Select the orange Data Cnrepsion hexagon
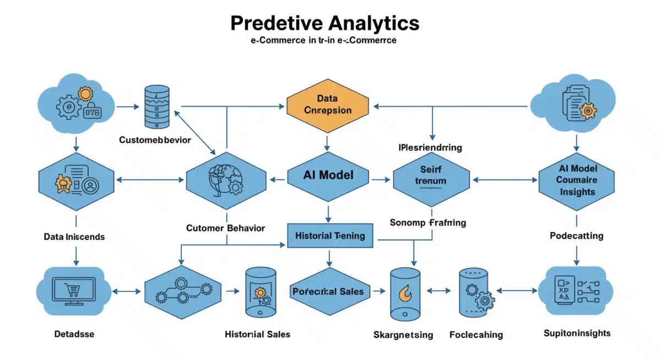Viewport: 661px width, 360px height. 327,104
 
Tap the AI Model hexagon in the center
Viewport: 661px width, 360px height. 328,176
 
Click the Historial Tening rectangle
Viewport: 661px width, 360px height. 330,236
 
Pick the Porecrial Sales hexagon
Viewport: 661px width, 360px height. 328,291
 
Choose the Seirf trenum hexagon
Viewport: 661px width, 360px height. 431,176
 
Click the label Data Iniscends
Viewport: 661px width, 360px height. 74,237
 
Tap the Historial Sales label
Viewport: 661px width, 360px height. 257,334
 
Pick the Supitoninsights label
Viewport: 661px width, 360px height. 577,333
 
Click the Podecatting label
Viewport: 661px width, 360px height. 576,236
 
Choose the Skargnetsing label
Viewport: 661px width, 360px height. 403,335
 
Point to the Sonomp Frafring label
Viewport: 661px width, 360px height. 427,223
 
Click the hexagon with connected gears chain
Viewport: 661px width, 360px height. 182,291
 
